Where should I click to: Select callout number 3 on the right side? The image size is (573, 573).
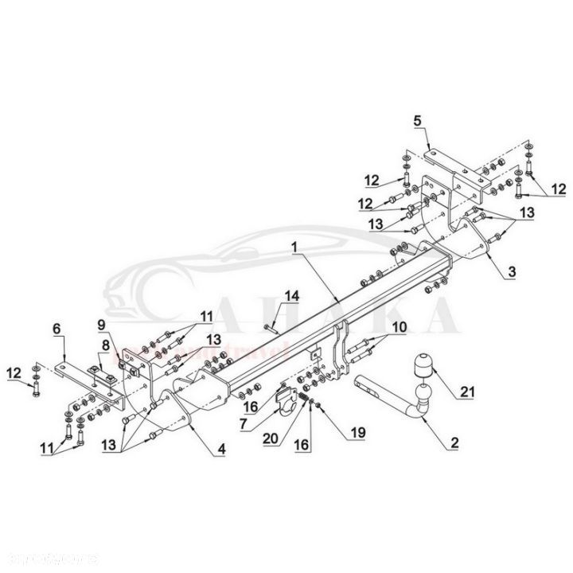click(512, 271)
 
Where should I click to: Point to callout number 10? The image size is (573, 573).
click(398, 325)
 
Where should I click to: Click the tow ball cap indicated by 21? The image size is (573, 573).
click(423, 367)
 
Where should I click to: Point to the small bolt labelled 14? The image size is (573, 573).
click(269, 325)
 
